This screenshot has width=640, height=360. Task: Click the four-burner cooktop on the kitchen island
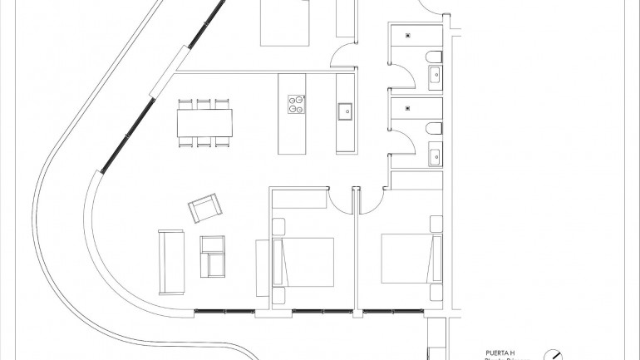coord(296,104)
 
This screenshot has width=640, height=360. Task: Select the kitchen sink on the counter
coord(345,109)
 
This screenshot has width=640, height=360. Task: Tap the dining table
coord(204,124)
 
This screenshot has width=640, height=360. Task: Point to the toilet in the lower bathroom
coord(434,129)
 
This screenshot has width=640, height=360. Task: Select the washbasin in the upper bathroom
coord(435,79)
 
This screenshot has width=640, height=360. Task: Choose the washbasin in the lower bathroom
coord(435,155)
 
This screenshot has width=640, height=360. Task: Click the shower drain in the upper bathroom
coord(408,35)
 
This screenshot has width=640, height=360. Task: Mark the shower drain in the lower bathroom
coord(408,107)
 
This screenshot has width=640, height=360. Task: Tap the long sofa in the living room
coord(171,261)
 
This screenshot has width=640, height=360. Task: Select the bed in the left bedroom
coord(304,261)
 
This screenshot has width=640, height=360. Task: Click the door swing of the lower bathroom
coord(401,141)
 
